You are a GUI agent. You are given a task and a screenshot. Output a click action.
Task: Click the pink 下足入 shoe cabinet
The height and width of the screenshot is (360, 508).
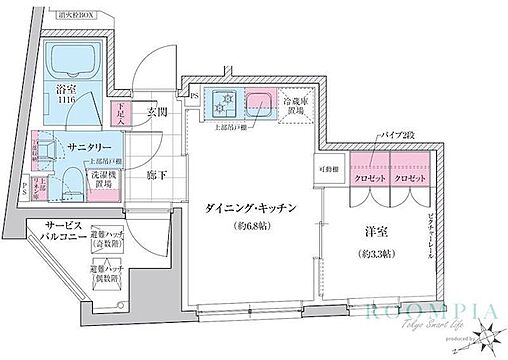pyautogui.click(x=121, y=111)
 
